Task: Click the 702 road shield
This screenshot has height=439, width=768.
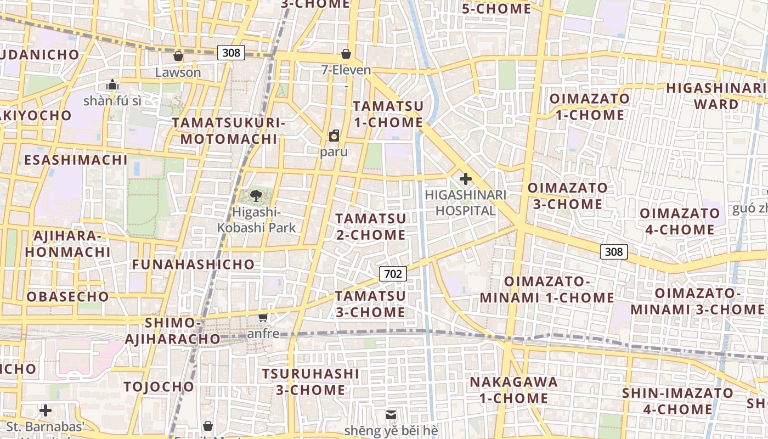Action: pos(393,273)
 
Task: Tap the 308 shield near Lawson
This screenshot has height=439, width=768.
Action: pos(231,53)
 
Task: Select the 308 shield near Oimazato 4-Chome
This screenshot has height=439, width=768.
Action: pos(614,251)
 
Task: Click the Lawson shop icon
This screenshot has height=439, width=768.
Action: pos(178,56)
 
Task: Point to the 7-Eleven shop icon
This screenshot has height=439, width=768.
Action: pos(346,54)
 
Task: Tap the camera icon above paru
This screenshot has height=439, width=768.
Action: pos(334,136)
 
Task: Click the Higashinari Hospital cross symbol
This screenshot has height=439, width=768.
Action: pos(465,179)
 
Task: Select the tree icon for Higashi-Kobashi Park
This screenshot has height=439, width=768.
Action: pos(256,196)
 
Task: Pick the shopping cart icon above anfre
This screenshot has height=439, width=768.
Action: pos(263,318)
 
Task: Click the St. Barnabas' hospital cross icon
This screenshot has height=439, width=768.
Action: pos(46,410)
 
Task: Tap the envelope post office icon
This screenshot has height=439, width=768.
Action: pos(391,415)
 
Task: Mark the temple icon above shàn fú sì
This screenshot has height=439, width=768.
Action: pos(113,85)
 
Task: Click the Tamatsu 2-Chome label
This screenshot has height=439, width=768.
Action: pos(371,227)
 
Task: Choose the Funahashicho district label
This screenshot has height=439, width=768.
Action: pos(194,264)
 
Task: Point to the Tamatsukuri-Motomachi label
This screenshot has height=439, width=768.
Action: pos(229,131)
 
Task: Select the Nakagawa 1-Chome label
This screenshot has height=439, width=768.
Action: pos(514,390)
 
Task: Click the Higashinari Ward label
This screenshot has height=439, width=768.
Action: pos(716,96)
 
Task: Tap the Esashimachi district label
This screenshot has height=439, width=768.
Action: pos(76,160)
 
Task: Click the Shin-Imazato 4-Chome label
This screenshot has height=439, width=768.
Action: pos(677,401)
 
